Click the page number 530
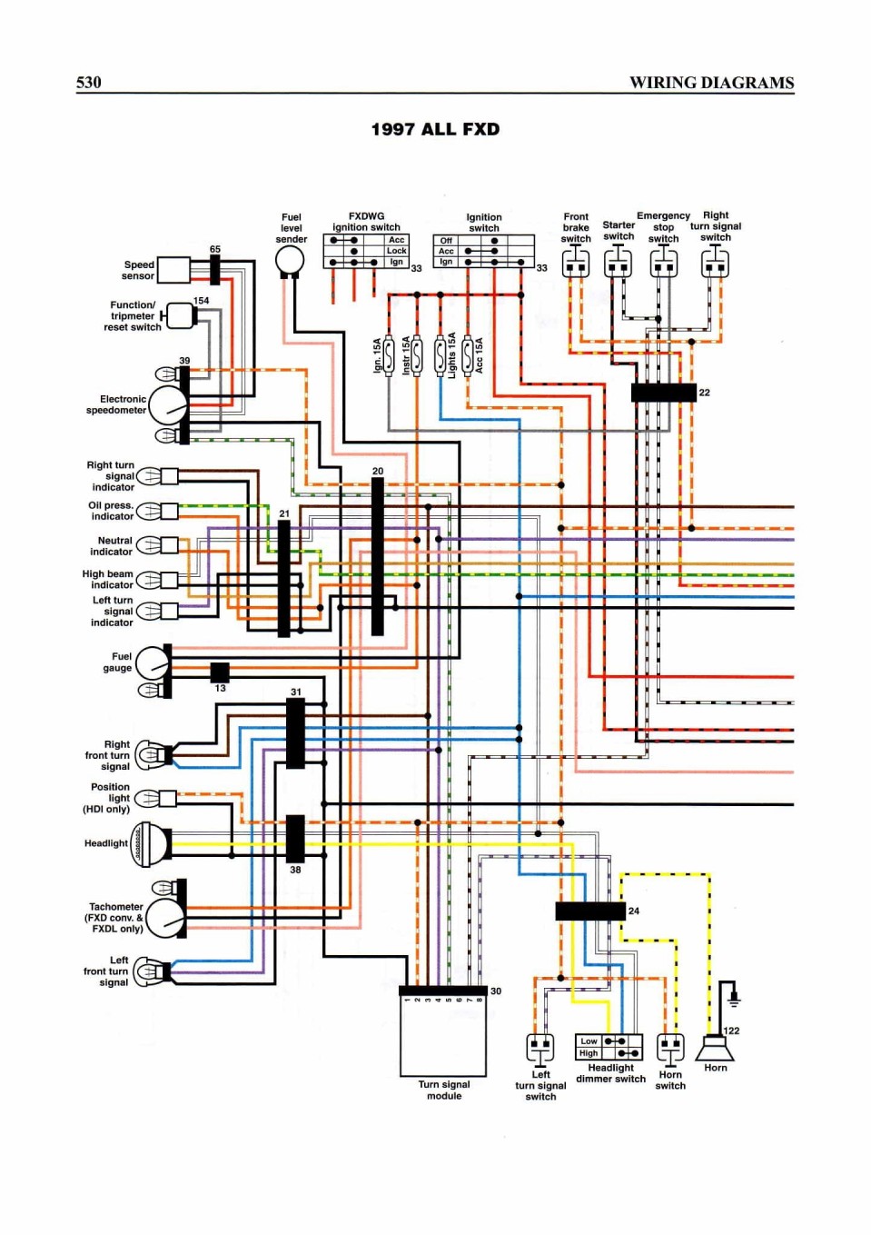click(x=89, y=82)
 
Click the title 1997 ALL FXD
click(x=435, y=130)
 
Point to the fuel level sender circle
click(x=290, y=259)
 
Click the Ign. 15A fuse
click(x=389, y=355)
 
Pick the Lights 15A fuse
click(x=440, y=355)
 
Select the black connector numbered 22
click(x=663, y=393)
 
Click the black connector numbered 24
click(x=590, y=911)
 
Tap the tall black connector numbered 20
click(x=378, y=556)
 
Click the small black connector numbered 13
click(x=220, y=672)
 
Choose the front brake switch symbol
click(x=576, y=263)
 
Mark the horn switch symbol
click(x=670, y=1050)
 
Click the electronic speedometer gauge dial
click(x=169, y=405)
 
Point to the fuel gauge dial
click(x=153, y=663)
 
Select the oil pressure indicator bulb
click(x=150, y=511)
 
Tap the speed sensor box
click(x=173, y=270)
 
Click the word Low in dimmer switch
click(x=589, y=1041)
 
